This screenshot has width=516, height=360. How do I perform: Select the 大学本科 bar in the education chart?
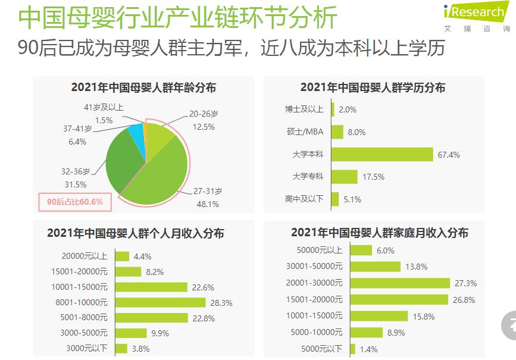tap(381, 155)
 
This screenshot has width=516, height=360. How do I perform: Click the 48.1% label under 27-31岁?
tap(207, 204)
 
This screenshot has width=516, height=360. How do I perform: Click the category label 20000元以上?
tap(85, 256)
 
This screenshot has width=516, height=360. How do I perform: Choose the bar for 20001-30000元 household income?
tap(399, 283)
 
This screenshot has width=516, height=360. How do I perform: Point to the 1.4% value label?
tap(368, 349)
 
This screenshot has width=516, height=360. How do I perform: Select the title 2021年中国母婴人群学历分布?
tap(373, 87)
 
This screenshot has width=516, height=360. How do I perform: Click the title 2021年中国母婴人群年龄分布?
tap(143, 87)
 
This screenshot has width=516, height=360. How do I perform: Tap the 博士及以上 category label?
tap(304, 109)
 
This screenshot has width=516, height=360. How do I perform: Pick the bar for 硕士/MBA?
tap(337, 132)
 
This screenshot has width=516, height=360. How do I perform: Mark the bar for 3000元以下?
tap(121, 349)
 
